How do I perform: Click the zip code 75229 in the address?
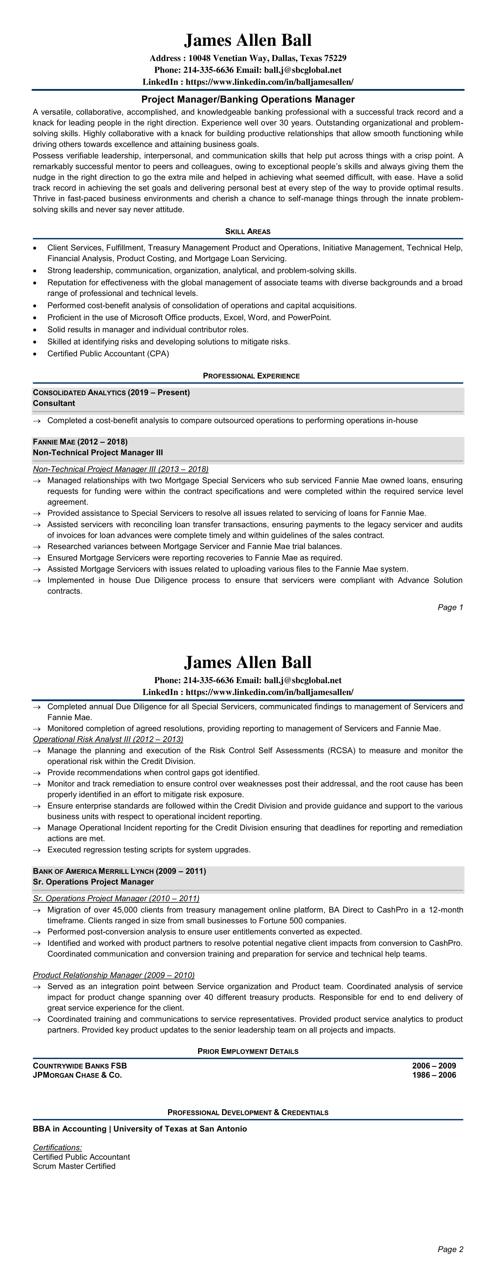tap(335, 58)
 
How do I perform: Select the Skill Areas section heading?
tap(248, 231)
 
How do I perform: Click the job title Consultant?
tap(54, 403)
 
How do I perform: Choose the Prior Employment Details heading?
tap(248, 1051)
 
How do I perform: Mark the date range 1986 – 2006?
tap(434, 1075)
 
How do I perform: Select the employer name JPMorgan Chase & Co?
tap(77, 1075)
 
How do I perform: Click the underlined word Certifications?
tap(57, 1147)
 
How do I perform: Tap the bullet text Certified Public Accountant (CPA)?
tap(108, 354)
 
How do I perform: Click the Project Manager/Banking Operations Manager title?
tap(248, 99)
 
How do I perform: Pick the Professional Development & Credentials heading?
tap(248, 1112)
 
